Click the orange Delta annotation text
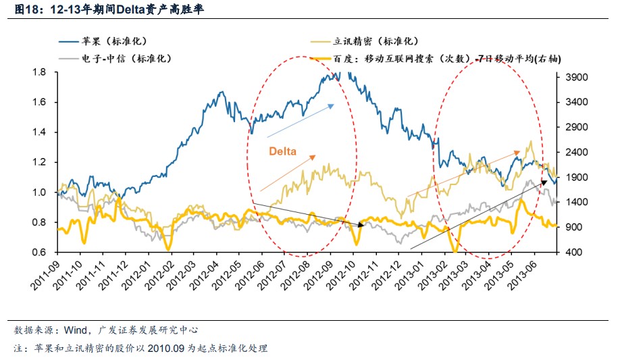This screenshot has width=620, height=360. (283, 151)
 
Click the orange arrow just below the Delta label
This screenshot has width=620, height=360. (287, 172)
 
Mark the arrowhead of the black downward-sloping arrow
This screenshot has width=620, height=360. (362, 223)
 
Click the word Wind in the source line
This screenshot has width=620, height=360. (75, 330)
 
